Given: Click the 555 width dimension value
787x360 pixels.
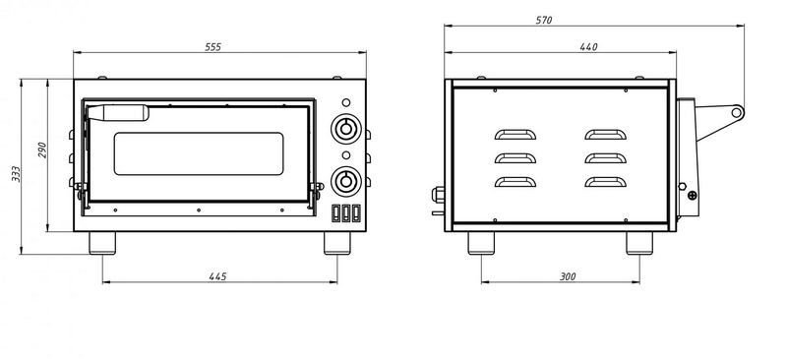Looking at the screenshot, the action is point(212,47).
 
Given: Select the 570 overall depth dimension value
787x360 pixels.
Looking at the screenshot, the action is point(544,21).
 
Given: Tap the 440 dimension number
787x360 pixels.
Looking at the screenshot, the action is point(588,47).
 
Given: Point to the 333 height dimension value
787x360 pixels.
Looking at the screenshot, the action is point(17,174).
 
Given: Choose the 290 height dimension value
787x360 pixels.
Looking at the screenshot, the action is point(42,150).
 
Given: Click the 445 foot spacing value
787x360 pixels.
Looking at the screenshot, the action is point(217,276).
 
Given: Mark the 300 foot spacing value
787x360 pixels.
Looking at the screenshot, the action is point(568,276).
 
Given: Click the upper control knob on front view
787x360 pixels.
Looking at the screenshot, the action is point(346,129).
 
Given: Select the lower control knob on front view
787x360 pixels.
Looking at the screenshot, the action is point(346,181).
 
